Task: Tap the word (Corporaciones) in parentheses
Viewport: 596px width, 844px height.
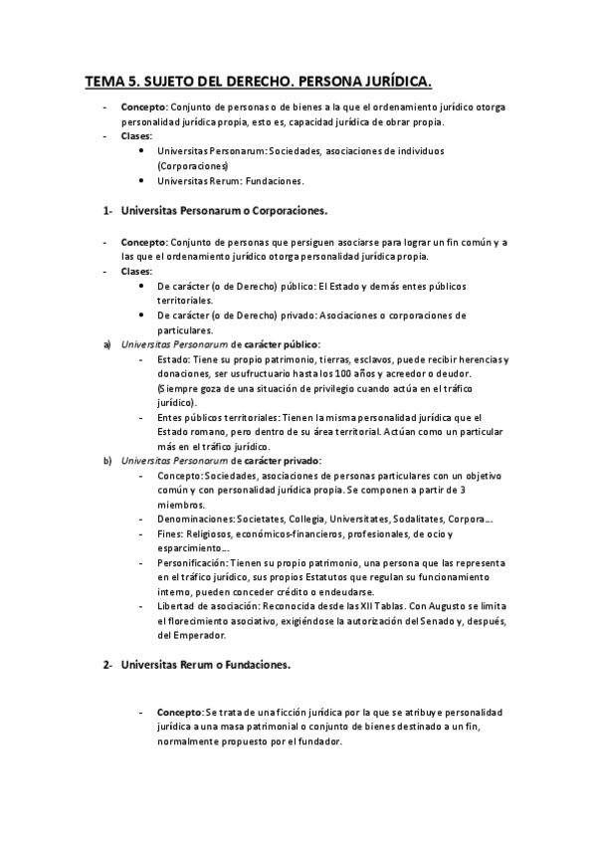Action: pos(193,165)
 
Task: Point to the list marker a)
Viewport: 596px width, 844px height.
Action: pos(106,344)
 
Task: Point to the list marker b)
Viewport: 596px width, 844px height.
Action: pos(106,461)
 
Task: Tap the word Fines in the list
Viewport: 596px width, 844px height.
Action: pos(170,533)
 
